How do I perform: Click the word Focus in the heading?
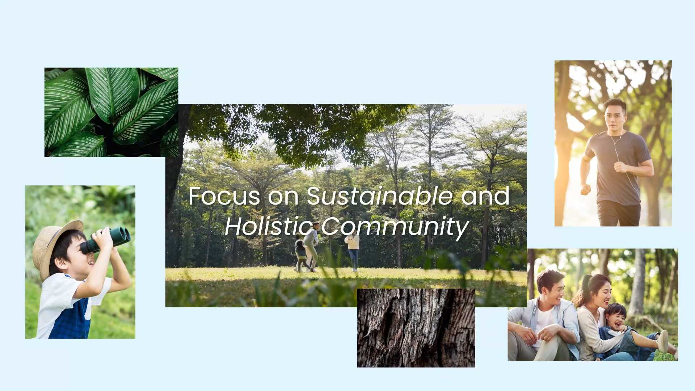click(x=224, y=196)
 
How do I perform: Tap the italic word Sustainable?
click(x=380, y=196)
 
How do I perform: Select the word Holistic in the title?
click(x=269, y=227)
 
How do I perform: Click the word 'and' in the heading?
click(x=485, y=196)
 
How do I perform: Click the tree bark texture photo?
click(x=416, y=328)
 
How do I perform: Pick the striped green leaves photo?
click(x=111, y=112)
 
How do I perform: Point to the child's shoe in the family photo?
click(x=662, y=341)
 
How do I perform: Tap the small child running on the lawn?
click(x=300, y=253)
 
